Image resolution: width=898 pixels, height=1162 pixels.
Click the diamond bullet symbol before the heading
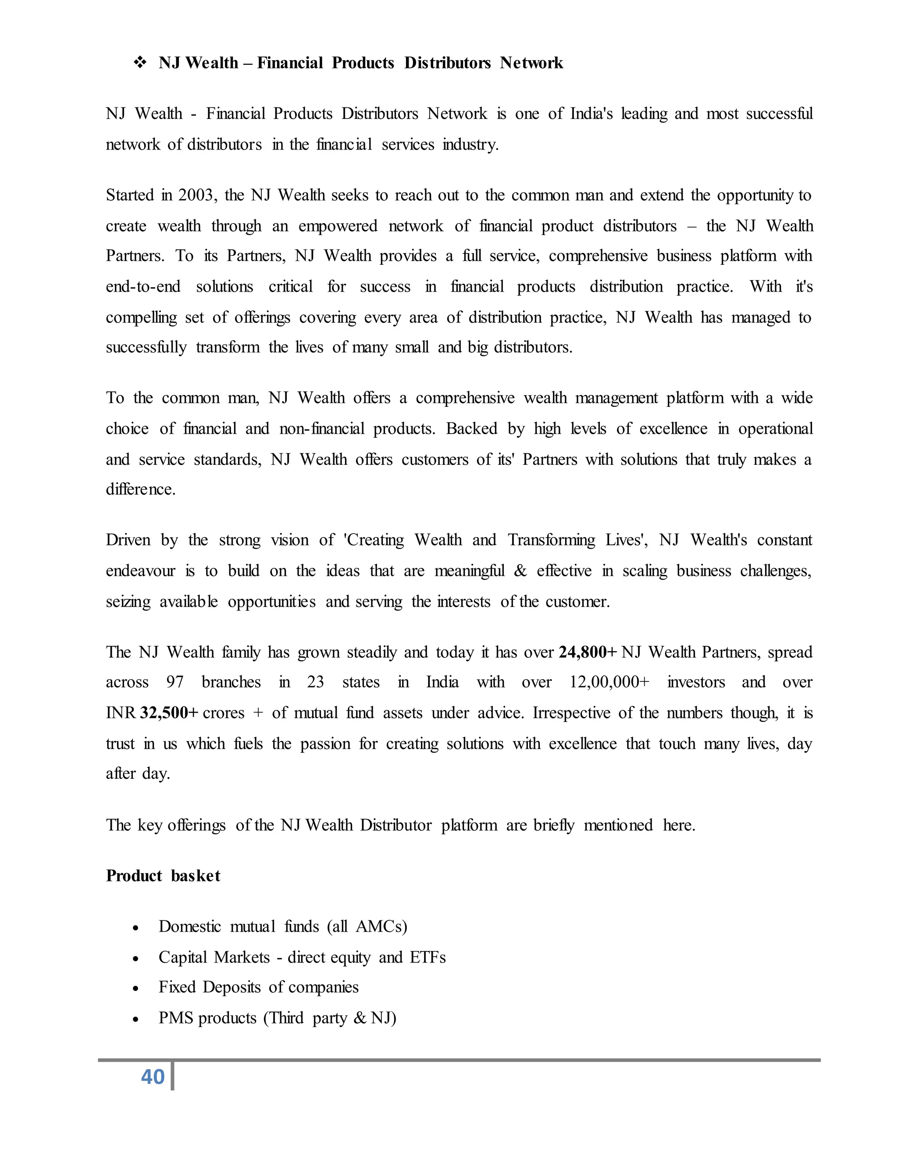[140, 63]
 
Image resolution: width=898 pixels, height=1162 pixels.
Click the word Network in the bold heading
[531, 63]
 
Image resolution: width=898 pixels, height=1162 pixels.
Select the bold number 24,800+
[587, 652]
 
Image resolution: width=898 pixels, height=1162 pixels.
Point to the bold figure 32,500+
[169, 713]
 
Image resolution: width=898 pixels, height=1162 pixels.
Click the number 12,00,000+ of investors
[609, 683]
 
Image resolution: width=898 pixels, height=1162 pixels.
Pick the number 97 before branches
[175, 683]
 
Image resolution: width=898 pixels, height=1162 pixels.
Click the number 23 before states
[315, 683]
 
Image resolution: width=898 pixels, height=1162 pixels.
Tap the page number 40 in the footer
[153, 1077]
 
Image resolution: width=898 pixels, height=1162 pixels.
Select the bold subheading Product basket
[163, 876]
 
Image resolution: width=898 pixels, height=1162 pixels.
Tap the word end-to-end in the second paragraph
[143, 287]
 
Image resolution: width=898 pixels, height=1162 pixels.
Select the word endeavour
[140, 571]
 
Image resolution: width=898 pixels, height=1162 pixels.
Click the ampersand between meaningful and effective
[520, 571]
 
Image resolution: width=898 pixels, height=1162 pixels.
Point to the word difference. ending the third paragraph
[140, 489]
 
